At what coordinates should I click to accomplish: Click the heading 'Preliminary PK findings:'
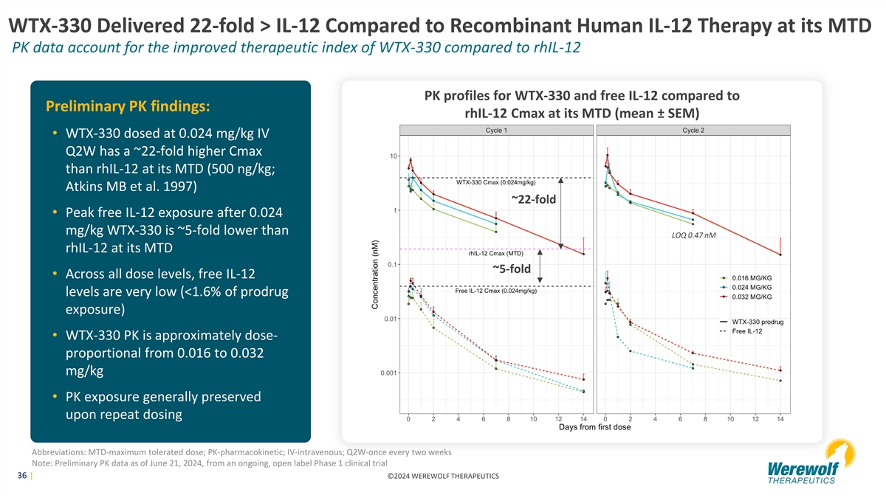pos(128,106)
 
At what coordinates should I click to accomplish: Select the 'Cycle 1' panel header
pos(495,131)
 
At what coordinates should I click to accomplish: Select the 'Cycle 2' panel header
pos(693,131)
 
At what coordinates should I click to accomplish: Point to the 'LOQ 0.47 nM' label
pos(693,236)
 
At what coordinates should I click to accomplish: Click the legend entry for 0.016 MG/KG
pos(751,277)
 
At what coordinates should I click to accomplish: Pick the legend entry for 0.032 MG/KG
pos(751,297)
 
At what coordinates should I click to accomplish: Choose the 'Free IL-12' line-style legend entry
pos(746,331)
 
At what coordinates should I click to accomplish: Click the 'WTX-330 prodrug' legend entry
pos(756,322)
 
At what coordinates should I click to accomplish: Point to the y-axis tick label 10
pos(394,156)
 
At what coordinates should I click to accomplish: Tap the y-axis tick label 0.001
pos(388,373)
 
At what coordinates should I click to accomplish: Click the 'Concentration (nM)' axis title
pos(375,285)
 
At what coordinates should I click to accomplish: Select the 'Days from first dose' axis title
pos(594,429)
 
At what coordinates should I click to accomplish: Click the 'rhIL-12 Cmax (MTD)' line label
pos(495,255)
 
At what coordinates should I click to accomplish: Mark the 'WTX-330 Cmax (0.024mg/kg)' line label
pos(495,183)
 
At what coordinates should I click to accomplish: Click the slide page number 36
pos(23,476)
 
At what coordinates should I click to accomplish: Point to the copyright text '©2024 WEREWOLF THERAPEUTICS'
pos(443,477)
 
